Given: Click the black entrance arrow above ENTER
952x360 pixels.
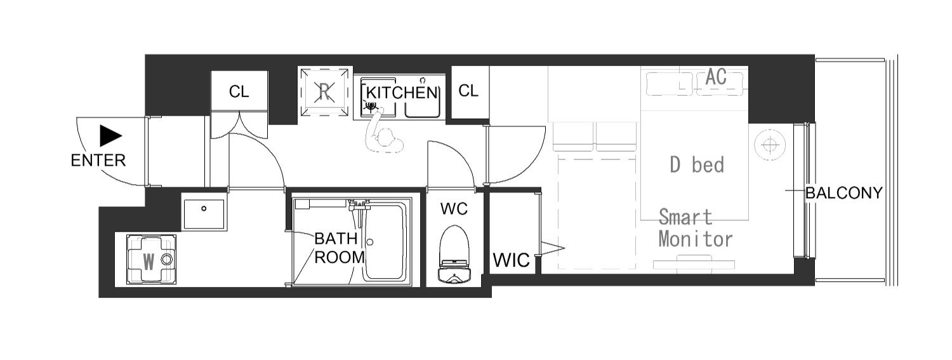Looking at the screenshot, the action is click(110, 136).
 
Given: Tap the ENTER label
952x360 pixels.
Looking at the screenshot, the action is click(98, 161).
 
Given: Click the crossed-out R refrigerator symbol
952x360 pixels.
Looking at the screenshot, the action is click(325, 91).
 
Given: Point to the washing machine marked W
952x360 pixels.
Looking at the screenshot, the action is click(151, 259).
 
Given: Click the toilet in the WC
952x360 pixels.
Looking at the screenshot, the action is click(454, 255).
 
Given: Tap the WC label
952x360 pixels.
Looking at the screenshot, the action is click(454, 209).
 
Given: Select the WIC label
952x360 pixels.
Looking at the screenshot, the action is click(512, 260).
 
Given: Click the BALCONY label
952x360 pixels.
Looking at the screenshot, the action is click(844, 194).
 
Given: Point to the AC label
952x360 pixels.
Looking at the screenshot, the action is click(716, 77).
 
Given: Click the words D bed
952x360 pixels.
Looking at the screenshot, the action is click(697, 165).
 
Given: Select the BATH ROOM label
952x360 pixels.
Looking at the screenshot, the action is click(339, 248).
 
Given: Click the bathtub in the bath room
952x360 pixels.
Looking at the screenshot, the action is click(385, 242).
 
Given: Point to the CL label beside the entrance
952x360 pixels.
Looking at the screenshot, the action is click(239, 92).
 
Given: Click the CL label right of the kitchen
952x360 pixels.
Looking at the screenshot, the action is click(468, 91).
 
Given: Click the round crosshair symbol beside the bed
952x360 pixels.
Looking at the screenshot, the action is click(770, 145).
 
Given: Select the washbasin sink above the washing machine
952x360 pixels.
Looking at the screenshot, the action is click(204, 214).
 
